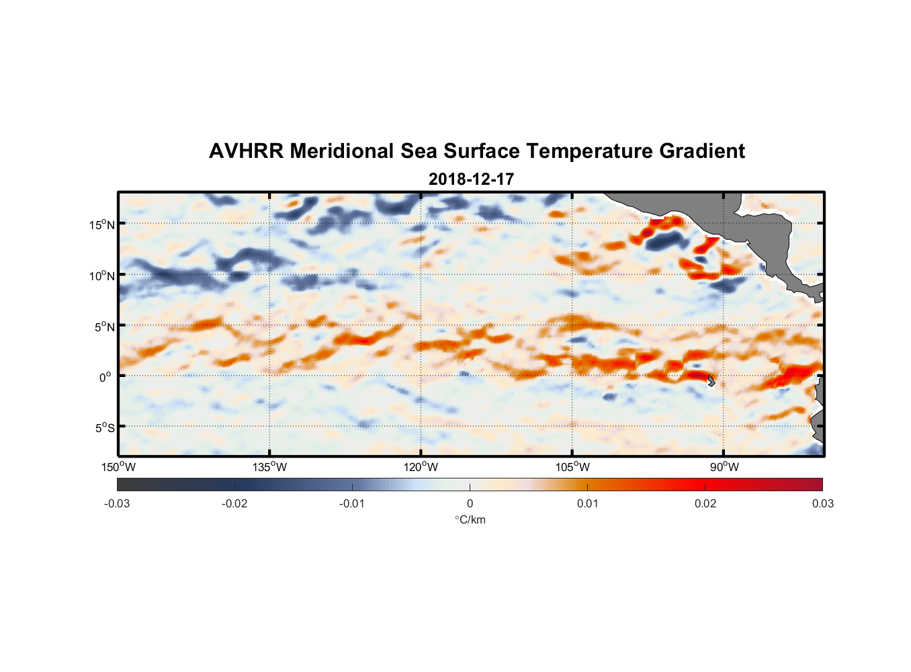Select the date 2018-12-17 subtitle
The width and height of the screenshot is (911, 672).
(471, 179)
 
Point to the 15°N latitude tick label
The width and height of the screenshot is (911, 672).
(102, 224)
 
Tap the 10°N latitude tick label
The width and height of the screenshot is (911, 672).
(102, 276)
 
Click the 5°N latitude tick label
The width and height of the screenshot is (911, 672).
(104, 327)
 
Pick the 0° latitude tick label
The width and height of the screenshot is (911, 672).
(105, 377)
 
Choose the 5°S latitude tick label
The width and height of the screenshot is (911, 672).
(105, 427)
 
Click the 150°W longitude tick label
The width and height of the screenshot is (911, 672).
(119, 467)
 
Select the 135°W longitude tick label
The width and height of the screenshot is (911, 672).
(270, 467)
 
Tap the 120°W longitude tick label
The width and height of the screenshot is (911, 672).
(421, 467)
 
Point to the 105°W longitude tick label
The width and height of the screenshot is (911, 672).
(572, 467)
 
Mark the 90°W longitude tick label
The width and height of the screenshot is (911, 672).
(724, 467)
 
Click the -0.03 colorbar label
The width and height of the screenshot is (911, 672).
(117, 504)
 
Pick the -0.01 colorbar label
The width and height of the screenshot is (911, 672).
(352, 504)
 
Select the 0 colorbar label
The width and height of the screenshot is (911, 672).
(470, 504)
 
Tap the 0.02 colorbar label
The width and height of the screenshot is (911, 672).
(705, 504)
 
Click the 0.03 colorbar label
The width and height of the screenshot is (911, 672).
(822, 504)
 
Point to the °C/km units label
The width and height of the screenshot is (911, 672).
(470, 519)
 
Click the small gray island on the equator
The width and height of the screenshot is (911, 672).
(711, 380)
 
